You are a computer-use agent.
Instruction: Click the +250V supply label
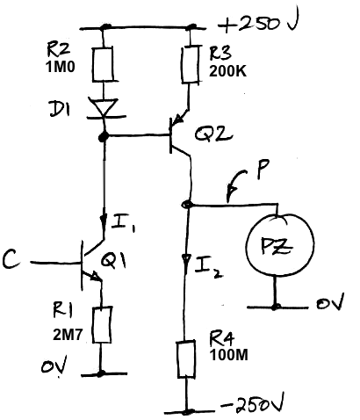click(x=257, y=24)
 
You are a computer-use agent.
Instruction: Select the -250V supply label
click(x=252, y=405)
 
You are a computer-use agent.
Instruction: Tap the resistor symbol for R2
click(x=103, y=65)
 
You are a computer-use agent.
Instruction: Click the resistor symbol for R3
click(x=190, y=64)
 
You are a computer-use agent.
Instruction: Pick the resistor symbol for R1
click(x=102, y=325)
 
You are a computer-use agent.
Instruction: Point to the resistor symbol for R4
click(x=186, y=359)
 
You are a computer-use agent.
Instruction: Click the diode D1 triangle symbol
click(x=104, y=108)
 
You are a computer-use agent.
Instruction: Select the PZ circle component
click(x=280, y=244)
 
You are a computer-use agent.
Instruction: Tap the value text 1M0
click(x=61, y=68)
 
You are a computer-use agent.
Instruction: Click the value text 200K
click(x=227, y=71)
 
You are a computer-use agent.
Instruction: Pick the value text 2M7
click(x=68, y=335)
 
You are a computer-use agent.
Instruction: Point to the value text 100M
click(x=229, y=355)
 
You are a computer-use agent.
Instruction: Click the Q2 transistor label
click(x=213, y=134)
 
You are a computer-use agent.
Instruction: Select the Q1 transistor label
click(x=113, y=260)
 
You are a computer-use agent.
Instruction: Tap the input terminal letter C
click(x=11, y=260)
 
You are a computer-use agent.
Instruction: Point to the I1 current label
click(x=122, y=224)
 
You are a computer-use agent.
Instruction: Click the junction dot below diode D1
click(x=103, y=136)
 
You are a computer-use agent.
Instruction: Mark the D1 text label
click(x=60, y=109)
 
